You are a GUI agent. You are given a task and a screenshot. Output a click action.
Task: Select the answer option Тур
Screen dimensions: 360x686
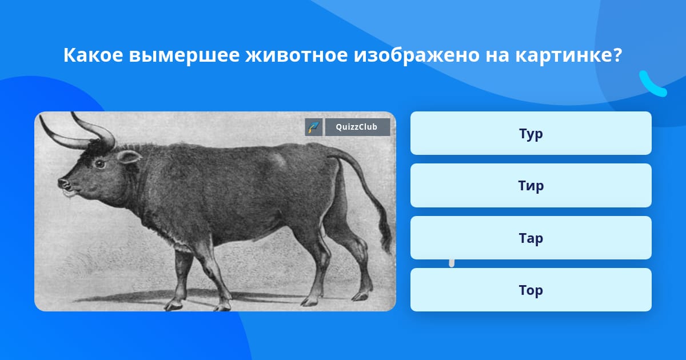click(531, 133)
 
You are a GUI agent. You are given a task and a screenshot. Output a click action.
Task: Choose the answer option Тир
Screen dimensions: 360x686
click(531, 185)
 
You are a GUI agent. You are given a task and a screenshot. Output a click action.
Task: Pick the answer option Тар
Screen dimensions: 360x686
click(531, 238)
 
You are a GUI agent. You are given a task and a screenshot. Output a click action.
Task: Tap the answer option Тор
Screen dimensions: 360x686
click(531, 290)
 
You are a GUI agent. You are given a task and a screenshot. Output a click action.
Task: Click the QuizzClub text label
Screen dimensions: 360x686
click(357, 127)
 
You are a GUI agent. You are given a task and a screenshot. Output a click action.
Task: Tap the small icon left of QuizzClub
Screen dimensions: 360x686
click(314, 127)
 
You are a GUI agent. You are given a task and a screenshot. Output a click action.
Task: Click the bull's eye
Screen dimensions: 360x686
click(100, 163)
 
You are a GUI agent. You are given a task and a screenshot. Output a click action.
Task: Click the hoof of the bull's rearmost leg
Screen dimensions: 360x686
click(361, 295)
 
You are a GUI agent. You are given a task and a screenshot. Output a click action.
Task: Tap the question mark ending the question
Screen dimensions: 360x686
click(617, 56)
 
